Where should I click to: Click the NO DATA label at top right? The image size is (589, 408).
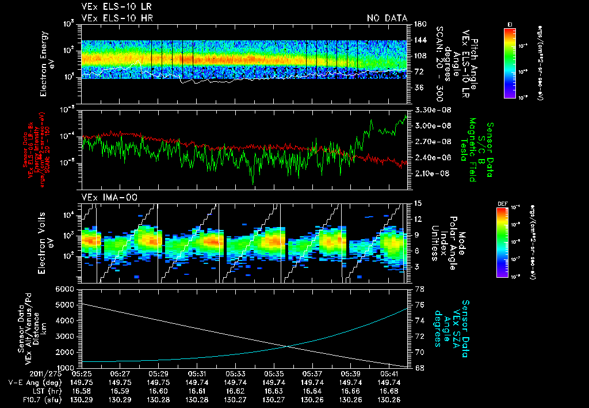click(387, 18)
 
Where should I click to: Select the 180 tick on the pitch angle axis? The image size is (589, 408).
click(419, 24)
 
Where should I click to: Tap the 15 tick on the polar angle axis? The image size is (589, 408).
click(418, 203)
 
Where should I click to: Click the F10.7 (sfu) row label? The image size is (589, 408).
click(27, 399)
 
